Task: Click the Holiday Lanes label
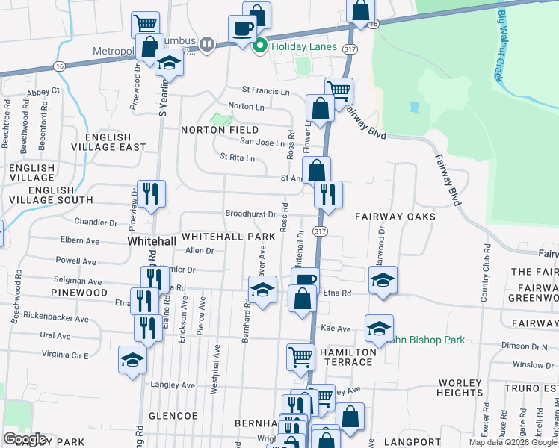tap(303, 46)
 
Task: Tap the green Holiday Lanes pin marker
tap(261, 46)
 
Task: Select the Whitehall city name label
tap(152, 242)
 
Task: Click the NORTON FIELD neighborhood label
tap(220, 130)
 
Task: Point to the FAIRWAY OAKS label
tap(395, 217)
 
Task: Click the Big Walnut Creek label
tap(498, 47)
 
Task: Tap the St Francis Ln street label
tap(265, 91)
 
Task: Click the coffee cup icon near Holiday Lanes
tap(241, 30)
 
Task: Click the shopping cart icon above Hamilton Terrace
tap(300, 358)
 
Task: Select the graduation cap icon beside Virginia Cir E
tap(132, 361)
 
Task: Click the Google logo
tap(25, 439)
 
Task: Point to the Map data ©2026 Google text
tap(512, 442)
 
